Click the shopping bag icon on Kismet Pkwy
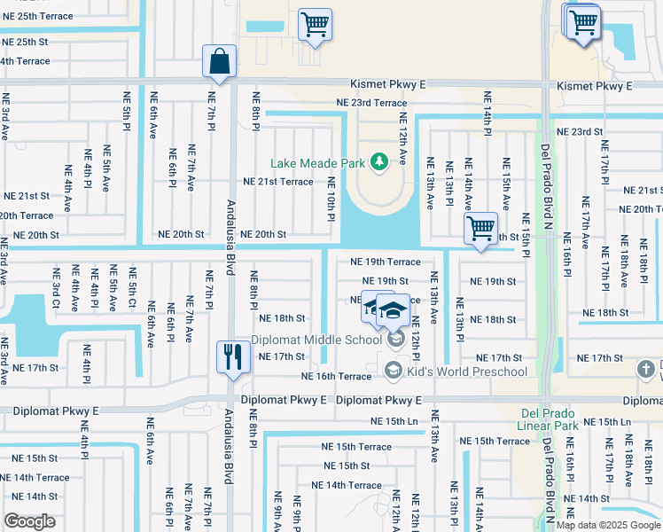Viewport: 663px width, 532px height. click(x=218, y=61)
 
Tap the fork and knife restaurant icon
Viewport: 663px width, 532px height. click(x=231, y=356)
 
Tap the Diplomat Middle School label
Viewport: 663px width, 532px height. click(x=316, y=340)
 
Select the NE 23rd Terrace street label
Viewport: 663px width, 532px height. click(x=371, y=103)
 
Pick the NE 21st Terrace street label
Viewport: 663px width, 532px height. click(x=278, y=182)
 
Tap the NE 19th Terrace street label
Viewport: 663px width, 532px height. click(x=385, y=262)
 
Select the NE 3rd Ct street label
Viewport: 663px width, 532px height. click(x=56, y=290)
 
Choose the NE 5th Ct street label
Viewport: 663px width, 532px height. click(x=131, y=290)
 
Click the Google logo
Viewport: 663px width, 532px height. click(x=30, y=521)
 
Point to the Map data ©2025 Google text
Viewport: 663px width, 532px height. click(x=608, y=525)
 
